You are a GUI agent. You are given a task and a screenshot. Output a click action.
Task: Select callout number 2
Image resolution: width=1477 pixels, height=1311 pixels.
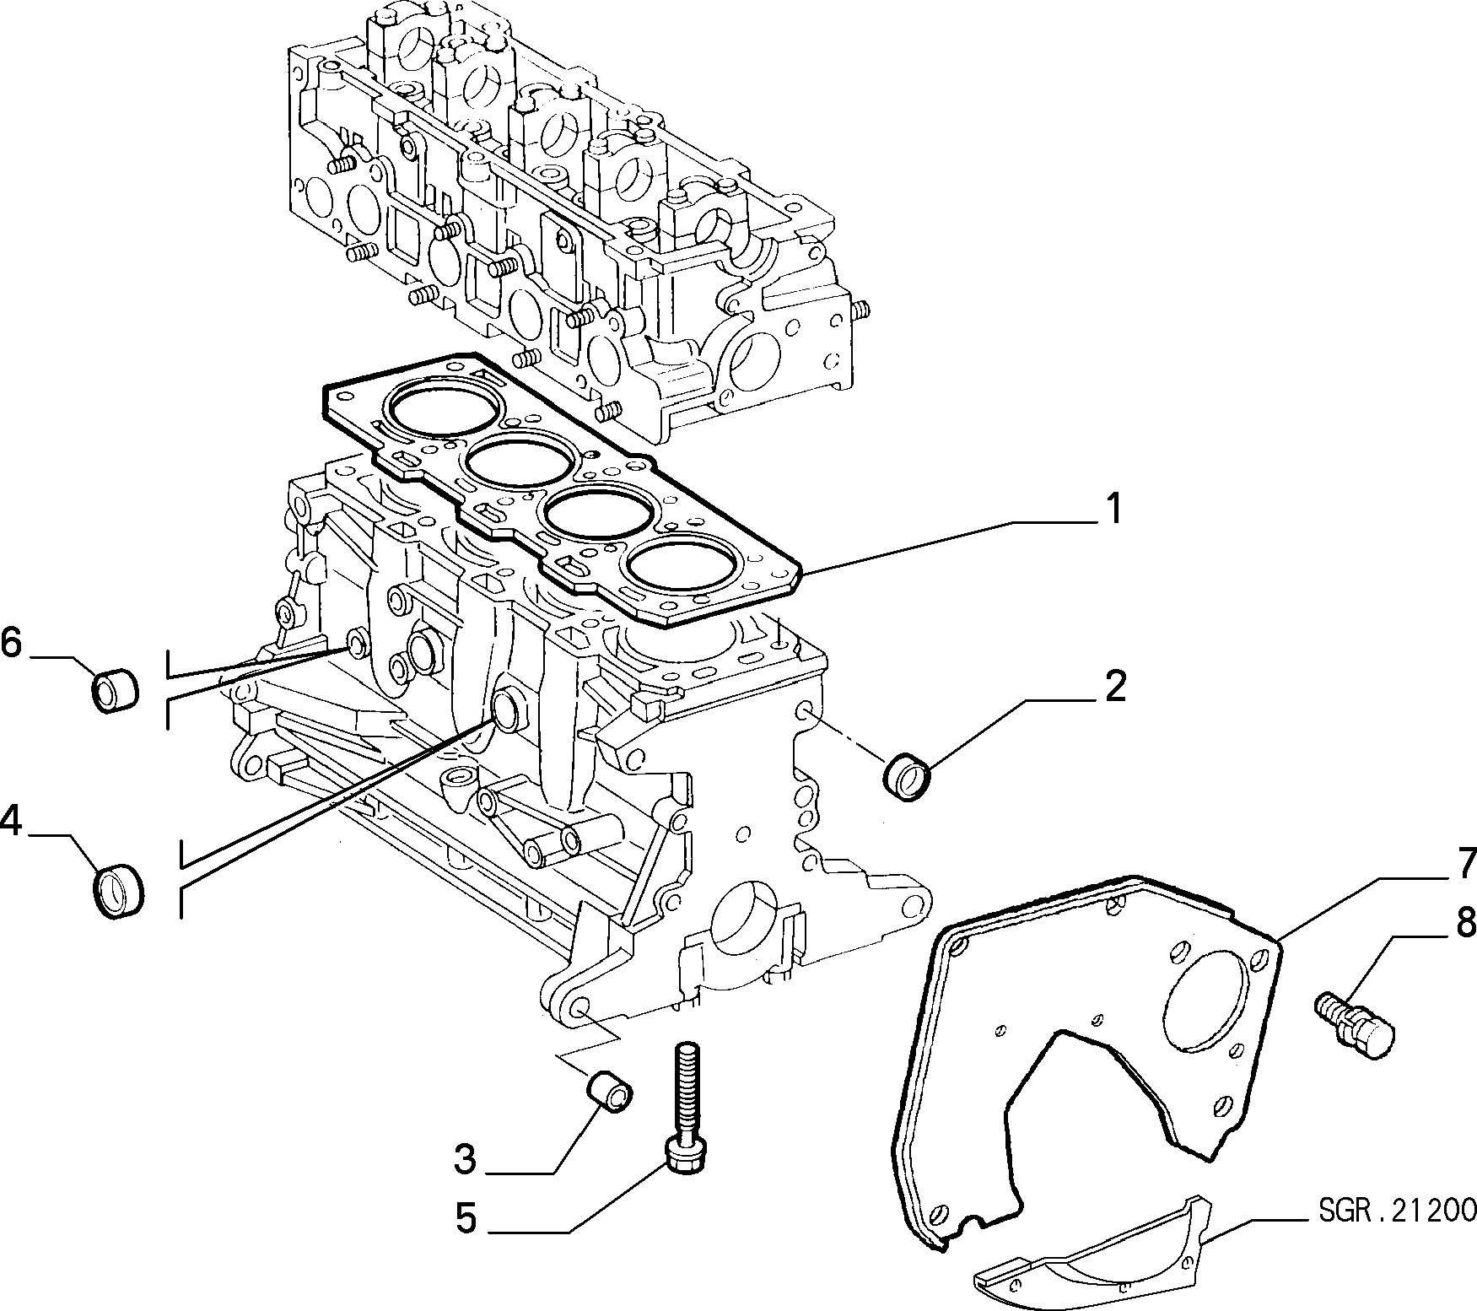tap(1114, 688)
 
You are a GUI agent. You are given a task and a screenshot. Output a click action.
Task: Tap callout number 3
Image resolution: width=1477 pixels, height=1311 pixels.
tap(465, 1160)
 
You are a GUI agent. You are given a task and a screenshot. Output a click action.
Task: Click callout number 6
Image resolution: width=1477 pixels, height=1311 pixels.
tap(10, 643)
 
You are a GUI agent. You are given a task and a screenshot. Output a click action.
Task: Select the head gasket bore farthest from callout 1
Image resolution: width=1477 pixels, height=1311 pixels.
tap(439, 411)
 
